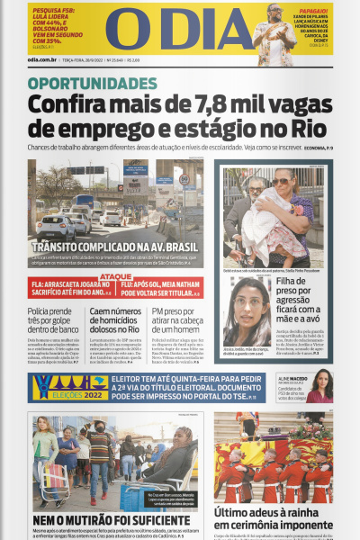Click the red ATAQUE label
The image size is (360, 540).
(116, 276)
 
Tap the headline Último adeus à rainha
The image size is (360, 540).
(273, 518)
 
